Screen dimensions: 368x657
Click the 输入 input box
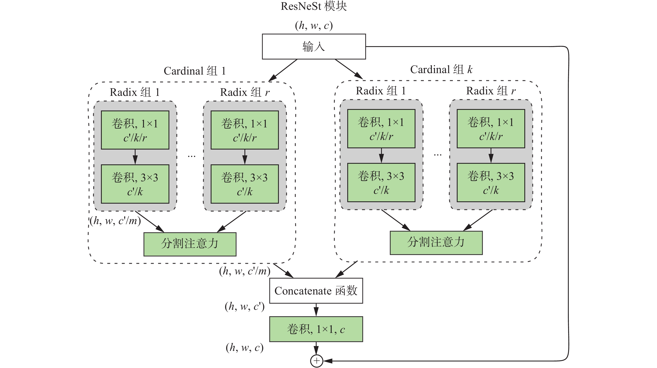tap(314, 47)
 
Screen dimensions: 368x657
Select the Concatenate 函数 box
tap(316, 291)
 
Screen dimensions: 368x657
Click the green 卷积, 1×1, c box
tap(316, 329)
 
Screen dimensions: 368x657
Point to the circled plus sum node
tap(317, 361)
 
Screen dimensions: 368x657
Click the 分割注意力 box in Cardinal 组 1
tap(190, 244)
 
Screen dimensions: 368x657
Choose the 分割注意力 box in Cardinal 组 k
tap(436, 243)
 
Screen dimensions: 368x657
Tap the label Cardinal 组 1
tap(195, 71)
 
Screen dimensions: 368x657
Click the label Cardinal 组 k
tap(441, 70)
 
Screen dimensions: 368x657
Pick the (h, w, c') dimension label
tap(244, 306)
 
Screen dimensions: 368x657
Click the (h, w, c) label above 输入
tap(314, 25)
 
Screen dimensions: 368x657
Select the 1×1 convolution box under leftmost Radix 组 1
tap(135, 130)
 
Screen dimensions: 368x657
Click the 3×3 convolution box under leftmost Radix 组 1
tap(135, 184)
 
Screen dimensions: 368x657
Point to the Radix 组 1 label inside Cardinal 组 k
tap(380, 91)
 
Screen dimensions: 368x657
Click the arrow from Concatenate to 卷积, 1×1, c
tap(316, 310)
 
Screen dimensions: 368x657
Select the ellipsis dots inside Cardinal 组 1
tap(191, 156)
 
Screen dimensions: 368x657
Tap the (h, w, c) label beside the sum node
tap(244, 348)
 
